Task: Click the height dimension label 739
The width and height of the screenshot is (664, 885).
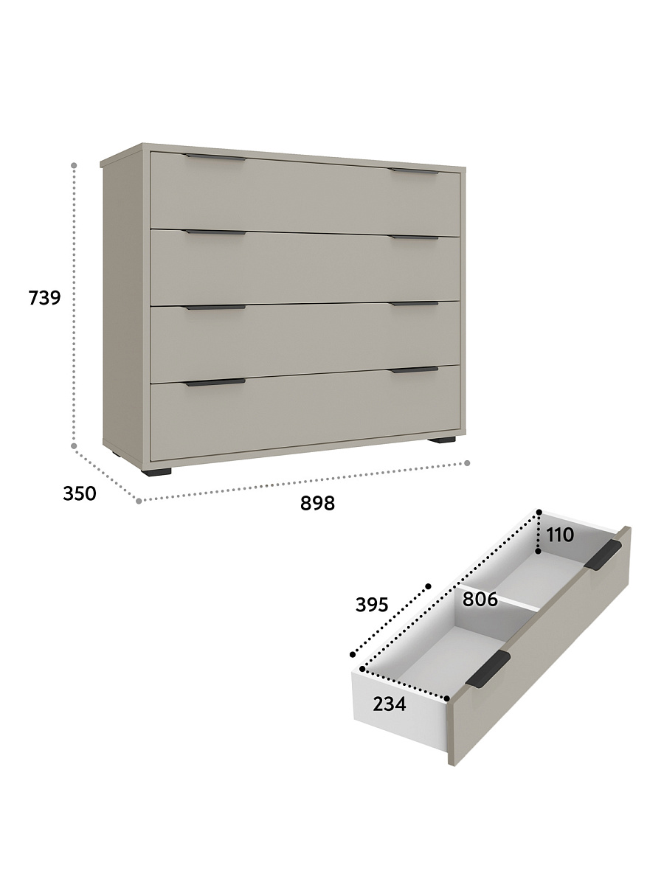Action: [x=44, y=297]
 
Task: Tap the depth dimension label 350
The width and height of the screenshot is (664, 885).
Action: [x=80, y=493]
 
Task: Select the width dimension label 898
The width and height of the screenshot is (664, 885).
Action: [x=317, y=503]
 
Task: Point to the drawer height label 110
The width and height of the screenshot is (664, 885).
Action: [x=559, y=535]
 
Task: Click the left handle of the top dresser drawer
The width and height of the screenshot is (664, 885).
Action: [x=215, y=157]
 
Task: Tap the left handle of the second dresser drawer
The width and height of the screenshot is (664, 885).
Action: [x=215, y=232]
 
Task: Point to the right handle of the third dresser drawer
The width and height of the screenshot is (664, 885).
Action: [x=415, y=304]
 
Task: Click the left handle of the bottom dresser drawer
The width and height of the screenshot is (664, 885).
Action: [x=215, y=382]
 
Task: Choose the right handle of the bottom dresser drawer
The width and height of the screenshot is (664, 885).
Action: [x=415, y=369]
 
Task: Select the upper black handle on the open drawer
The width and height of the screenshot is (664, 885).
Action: [x=604, y=555]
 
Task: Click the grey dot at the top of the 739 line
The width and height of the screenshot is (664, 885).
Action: [x=74, y=165]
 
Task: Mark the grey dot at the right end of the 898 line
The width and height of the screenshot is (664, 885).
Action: [x=467, y=463]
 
